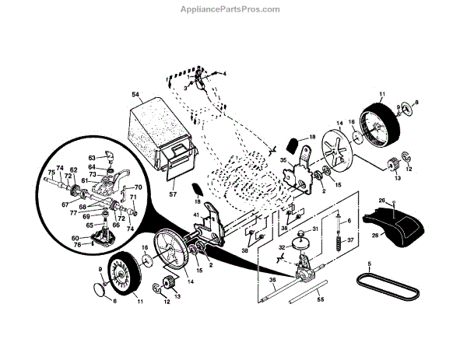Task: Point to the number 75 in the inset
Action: tap(51, 173)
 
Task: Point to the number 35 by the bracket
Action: tap(283, 162)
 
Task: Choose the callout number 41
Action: tap(197, 215)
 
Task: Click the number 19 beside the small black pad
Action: tap(198, 201)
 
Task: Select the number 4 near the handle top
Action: tap(224, 74)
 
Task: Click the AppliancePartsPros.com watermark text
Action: tap(233, 9)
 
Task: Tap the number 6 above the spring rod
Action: tap(349, 221)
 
